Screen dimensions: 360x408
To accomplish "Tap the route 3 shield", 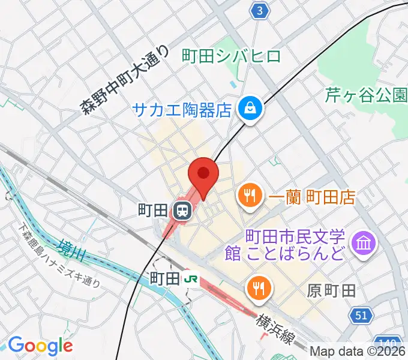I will (x=259, y=10).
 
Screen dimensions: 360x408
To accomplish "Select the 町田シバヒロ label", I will (x=231, y=56).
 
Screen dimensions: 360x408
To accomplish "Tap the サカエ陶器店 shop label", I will (x=182, y=109).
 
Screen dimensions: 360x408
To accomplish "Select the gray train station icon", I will (x=181, y=211).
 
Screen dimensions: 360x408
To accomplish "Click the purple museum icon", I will (x=364, y=243).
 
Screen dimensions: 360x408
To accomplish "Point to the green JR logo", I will (x=191, y=278).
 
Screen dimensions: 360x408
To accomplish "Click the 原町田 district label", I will (x=332, y=291).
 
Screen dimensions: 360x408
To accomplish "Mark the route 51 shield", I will (x=361, y=315).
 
